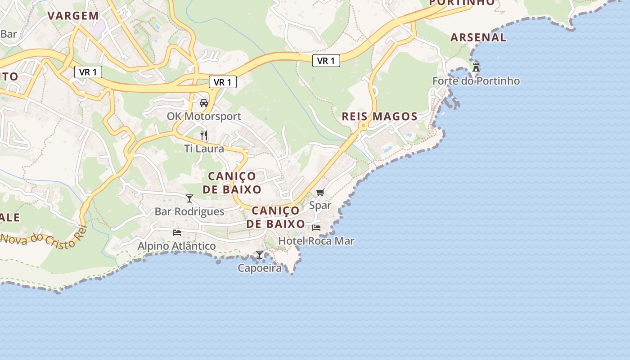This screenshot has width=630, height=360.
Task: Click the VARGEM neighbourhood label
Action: [x=73, y=16]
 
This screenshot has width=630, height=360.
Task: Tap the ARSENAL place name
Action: [x=478, y=37]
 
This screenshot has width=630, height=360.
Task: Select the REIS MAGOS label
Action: [x=379, y=117]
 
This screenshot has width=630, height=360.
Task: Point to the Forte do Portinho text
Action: [x=476, y=81]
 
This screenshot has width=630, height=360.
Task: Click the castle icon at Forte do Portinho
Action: [x=476, y=68]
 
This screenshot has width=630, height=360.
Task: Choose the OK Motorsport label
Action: [x=204, y=116]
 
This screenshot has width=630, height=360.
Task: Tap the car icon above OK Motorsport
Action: [x=204, y=103]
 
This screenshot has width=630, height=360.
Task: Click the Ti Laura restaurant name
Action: [x=204, y=148]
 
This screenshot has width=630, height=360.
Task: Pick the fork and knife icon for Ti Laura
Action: [x=204, y=135]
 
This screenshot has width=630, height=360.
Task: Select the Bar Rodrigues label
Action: [x=189, y=211]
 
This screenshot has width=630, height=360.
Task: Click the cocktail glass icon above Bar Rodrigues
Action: [x=189, y=198]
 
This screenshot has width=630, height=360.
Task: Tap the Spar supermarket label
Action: [x=320, y=206]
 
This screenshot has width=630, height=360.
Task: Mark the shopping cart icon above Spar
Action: [x=320, y=193]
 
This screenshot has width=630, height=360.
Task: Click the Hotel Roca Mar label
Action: [x=316, y=241]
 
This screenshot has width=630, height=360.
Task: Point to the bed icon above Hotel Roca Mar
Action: [x=316, y=228]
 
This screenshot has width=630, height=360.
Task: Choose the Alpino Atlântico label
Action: [x=176, y=246]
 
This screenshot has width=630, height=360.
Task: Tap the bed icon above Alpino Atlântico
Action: [x=177, y=233]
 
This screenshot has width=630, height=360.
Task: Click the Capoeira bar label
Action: [x=260, y=268]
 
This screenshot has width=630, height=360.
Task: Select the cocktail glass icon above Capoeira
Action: [x=260, y=255]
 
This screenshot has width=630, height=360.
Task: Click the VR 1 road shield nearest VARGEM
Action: [x=88, y=72]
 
